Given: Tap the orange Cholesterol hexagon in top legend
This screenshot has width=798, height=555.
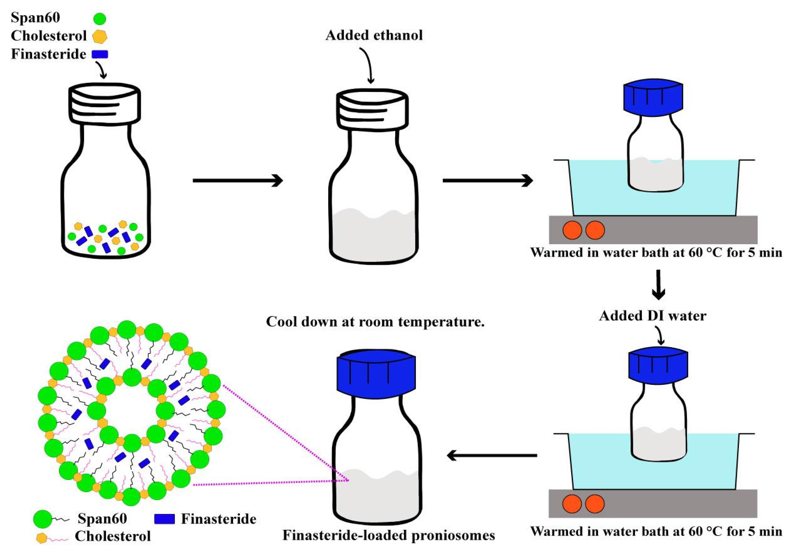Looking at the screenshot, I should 100,36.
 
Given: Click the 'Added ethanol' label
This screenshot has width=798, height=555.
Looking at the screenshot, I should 374,36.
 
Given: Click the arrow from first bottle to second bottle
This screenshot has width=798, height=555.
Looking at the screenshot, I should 238,180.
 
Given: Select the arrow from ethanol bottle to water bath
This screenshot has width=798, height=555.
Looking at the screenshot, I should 487,180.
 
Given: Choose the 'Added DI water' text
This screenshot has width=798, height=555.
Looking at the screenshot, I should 652,315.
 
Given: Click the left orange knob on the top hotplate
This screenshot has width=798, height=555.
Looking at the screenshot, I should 572,230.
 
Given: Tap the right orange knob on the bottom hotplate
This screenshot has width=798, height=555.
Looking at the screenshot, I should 595,504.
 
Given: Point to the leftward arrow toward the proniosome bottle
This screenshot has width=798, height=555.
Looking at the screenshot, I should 492,455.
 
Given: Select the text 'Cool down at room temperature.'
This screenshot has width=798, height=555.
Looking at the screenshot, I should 375,322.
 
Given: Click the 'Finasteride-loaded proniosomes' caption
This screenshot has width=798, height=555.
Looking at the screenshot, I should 389,535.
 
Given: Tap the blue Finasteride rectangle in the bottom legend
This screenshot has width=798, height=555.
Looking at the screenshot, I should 164,519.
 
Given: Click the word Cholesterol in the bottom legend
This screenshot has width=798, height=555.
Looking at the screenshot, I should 113,536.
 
